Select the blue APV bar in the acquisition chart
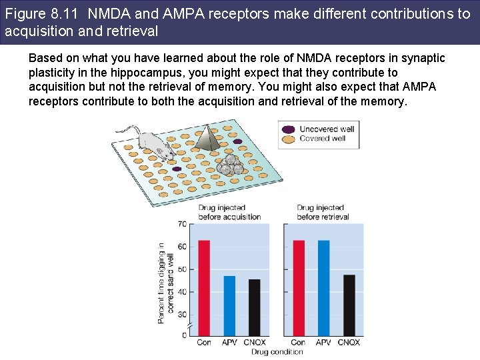click(x=229, y=305)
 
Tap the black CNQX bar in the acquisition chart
click(x=254, y=307)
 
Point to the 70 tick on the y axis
click(x=182, y=225)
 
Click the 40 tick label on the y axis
click(x=182, y=292)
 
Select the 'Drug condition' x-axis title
click(x=277, y=352)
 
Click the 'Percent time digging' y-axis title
click(x=165, y=283)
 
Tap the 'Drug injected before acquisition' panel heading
click(x=229, y=212)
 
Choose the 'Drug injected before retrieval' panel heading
click(x=323, y=212)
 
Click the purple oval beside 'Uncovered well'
click(x=289, y=129)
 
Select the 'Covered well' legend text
click(x=322, y=139)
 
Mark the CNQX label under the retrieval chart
click(x=348, y=342)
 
